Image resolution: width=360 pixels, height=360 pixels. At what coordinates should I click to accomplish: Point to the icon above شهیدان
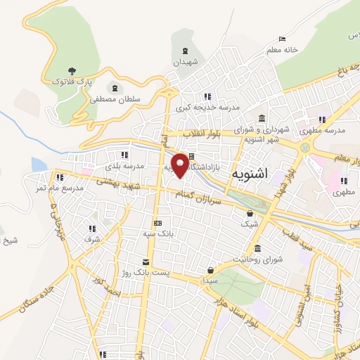pos(185,51)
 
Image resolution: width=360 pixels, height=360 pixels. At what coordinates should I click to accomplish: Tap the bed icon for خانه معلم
pos(282,39)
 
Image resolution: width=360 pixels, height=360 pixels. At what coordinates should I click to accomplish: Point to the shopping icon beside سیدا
pos(210,269)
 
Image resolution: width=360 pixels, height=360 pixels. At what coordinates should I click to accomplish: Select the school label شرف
pos(92,239)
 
